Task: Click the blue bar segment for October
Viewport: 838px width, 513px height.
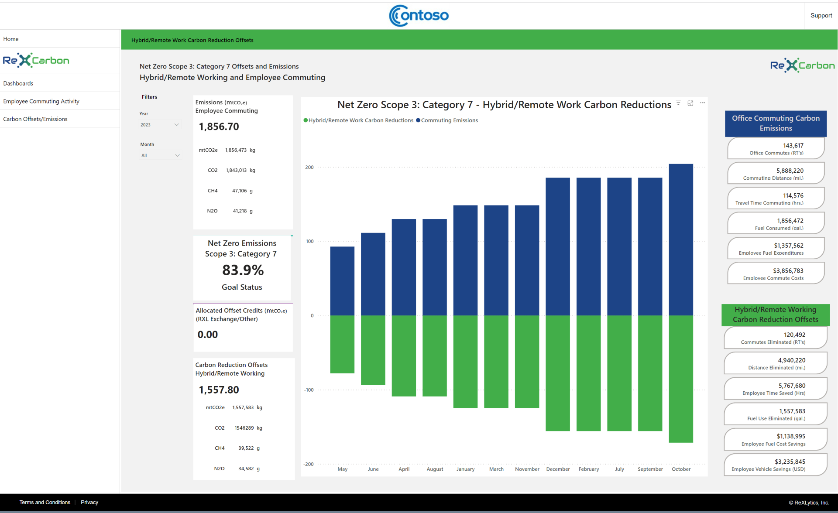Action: (x=681, y=239)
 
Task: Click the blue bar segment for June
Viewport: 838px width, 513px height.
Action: (x=373, y=274)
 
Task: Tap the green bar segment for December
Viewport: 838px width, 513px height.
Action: (x=558, y=373)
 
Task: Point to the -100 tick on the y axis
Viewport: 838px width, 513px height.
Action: (x=309, y=390)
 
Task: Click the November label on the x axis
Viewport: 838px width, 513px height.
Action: (x=527, y=469)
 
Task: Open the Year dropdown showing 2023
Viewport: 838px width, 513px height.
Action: (x=160, y=125)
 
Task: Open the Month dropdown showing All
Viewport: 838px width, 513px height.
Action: (x=160, y=155)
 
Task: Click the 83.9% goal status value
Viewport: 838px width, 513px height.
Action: (x=243, y=270)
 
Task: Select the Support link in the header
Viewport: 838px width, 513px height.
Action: (x=821, y=15)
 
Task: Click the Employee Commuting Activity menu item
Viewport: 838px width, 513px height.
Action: (x=41, y=101)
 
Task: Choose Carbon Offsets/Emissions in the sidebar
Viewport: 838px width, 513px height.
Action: (x=35, y=119)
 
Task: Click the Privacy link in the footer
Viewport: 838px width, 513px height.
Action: (x=89, y=503)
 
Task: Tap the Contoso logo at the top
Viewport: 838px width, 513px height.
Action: (x=419, y=16)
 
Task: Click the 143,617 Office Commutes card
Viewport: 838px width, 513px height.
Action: (x=776, y=149)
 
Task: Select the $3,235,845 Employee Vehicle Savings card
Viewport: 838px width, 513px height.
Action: (x=775, y=465)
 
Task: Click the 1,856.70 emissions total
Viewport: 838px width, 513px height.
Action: (x=219, y=127)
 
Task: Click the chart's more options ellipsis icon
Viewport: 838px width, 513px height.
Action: (x=702, y=103)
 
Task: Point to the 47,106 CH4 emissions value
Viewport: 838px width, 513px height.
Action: (x=239, y=191)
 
